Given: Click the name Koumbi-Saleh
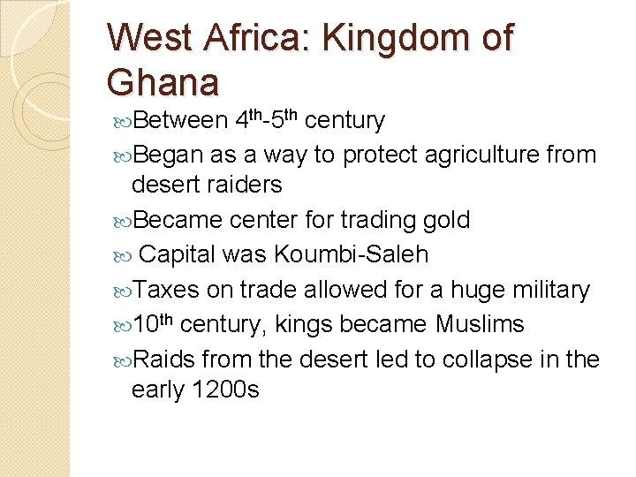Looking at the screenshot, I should (351, 255).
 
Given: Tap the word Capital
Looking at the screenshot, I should (178, 255).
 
